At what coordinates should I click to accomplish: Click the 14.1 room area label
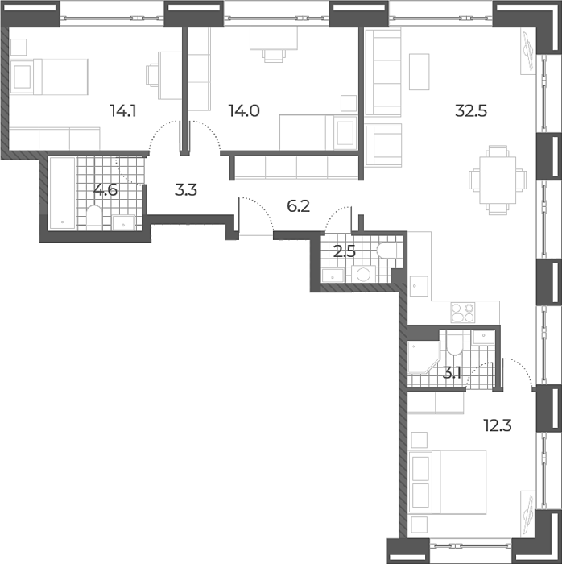click(x=123, y=111)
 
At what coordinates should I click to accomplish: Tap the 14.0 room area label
click(x=244, y=111)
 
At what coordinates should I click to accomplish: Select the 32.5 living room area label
click(x=471, y=111)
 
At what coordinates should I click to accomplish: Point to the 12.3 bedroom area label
click(x=498, y=426)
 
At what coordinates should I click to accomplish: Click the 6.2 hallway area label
click(x=298, y=206)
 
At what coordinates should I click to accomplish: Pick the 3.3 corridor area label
click(x=186, y=190)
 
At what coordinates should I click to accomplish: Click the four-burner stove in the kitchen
click(x=463, y=313)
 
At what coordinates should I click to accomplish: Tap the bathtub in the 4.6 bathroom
click(x=62, y=193)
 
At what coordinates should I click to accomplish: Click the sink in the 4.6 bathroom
click(x=124, y=222)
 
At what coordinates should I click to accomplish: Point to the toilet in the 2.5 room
click(x=386, y=250)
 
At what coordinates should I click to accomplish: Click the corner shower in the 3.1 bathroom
click(x=424, y=357)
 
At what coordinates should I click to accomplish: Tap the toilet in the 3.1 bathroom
click(x=455, y=342)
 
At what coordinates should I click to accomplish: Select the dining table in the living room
click(x=498, y=180)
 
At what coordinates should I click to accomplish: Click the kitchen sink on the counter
click(x=419, y=286)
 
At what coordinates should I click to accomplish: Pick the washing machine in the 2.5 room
click(x=363, y=274)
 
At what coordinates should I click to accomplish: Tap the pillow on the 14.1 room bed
click(x=22, y=77)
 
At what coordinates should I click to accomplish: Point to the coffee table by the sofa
click(x=419, y=72)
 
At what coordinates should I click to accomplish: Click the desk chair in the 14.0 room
click(x=275, y=56)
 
